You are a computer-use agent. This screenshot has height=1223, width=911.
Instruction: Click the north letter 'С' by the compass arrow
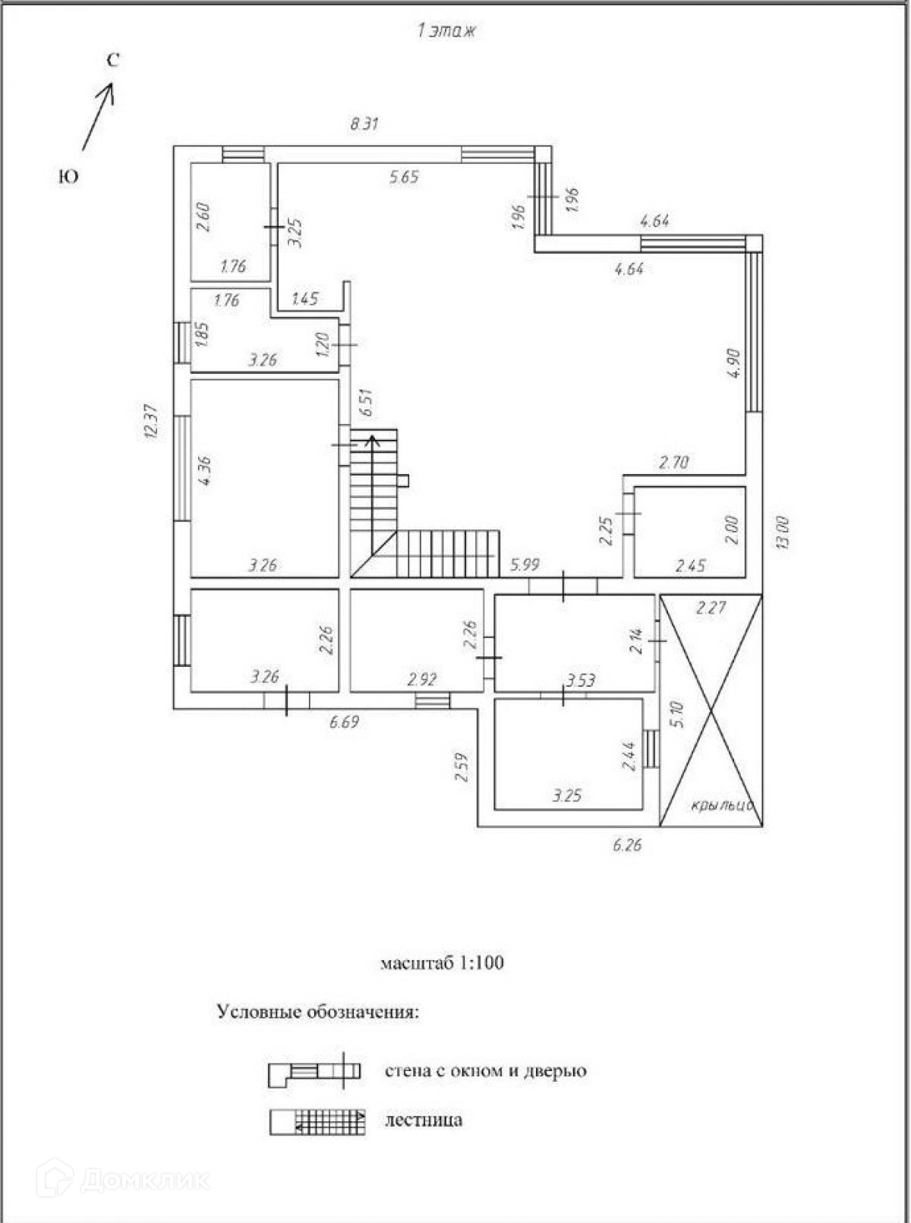tap(112, 61)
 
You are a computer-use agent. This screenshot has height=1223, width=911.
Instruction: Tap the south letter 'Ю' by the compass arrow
tap(68, 177)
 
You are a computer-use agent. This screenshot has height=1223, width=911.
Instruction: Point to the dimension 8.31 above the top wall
tap(364, 125)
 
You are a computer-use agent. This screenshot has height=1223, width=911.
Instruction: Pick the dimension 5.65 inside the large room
tap(404, 178)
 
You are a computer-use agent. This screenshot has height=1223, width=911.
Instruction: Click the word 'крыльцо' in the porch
tap(721, 805)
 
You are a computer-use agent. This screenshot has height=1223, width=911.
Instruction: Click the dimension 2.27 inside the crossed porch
tap(711, 608)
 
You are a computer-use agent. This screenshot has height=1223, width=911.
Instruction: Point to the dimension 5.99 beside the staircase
tap(525, 564)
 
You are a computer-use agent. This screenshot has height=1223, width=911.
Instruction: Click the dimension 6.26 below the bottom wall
tap(627, 845)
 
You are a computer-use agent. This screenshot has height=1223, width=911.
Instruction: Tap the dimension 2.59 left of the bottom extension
tap(461, 767)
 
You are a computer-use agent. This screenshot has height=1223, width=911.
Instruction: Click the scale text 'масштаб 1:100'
tap(442, 963)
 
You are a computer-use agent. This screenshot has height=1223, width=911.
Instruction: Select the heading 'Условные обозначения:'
tap(317, 1012)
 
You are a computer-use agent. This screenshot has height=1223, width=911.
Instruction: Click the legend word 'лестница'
tap(424, 1120)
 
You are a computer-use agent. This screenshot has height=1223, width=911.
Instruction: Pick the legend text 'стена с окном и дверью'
tap(486, 1071)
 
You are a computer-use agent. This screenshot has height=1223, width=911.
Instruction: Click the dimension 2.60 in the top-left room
tap(203, 217)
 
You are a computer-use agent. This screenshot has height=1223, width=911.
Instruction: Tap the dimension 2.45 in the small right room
tap(690, 566)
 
